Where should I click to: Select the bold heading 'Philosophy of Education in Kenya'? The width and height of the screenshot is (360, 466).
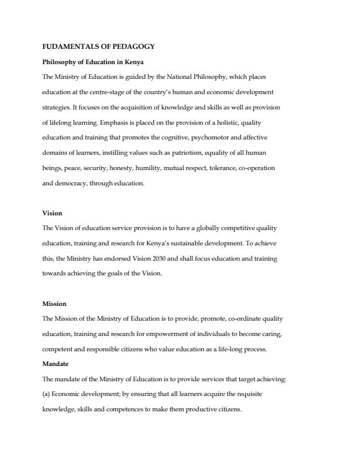93,62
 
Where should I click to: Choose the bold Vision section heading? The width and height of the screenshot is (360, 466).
52,213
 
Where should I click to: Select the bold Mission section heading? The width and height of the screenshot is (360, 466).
55,304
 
